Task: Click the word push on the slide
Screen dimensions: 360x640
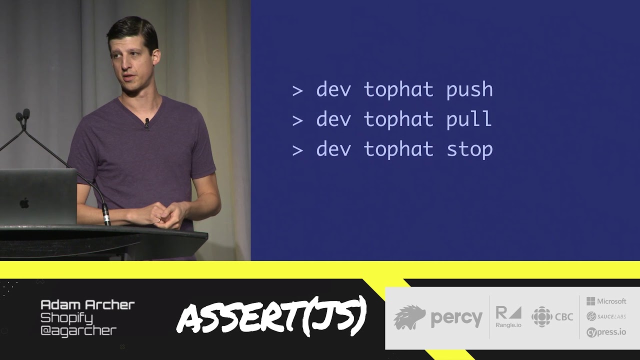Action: point(469,90)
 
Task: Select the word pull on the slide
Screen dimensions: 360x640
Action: point(469,119)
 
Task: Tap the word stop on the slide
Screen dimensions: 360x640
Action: point(469,149)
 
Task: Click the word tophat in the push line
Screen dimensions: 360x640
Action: point(398,90)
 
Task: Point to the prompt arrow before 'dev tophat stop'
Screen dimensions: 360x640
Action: point(297,149)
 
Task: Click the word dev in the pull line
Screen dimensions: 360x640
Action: point(333,119)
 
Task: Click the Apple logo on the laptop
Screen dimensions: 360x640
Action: point(24,203)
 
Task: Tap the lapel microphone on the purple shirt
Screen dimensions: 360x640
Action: point(146,122)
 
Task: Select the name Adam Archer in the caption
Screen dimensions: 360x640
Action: point(87,304)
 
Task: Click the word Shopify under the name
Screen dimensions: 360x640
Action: point(66,317)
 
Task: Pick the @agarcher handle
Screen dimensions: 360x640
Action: point(78,330)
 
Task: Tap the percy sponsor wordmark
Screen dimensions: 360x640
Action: point(456,318)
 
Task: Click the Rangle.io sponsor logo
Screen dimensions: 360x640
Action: point(508,317)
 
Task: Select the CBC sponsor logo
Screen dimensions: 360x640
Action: point(552,317)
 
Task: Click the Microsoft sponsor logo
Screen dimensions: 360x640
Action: point(606,301)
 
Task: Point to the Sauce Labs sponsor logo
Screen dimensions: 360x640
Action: point(606,316)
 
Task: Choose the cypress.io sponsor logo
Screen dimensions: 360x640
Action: point(606,332)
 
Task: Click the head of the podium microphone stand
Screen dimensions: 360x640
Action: point(22,115)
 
